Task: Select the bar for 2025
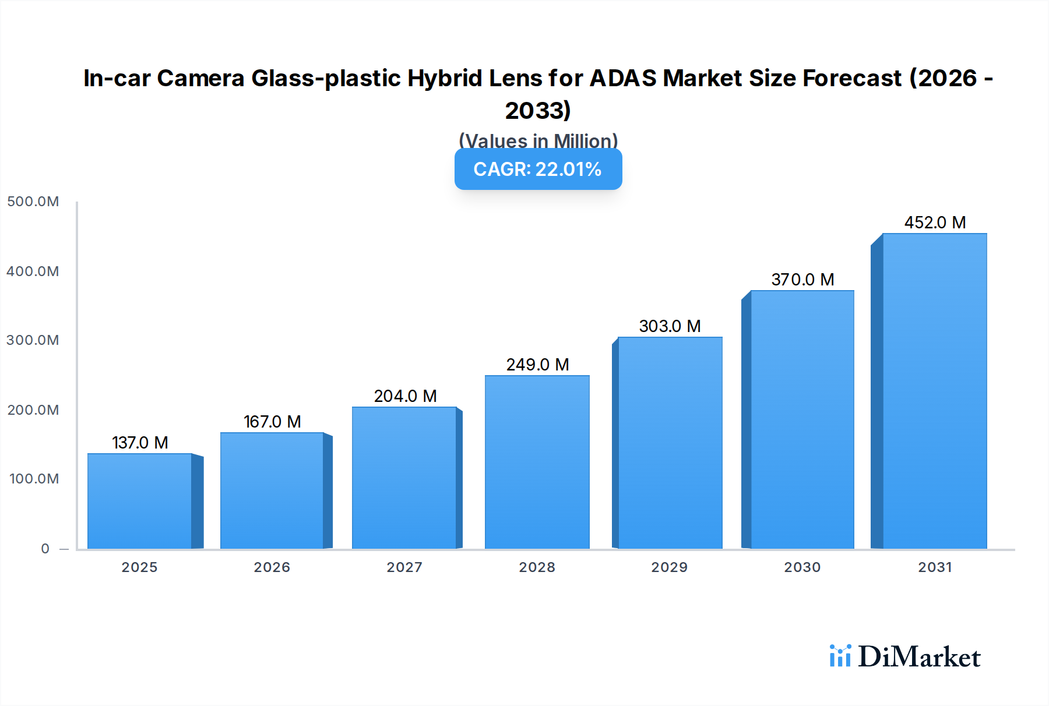pos(140,501)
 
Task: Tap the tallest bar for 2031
pos(934,391)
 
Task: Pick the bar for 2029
pos(670,443)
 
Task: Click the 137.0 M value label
pos(140,443)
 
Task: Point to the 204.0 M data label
pos(405,396)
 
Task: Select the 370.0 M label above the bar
pos(802,280)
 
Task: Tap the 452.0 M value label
pos(935,223)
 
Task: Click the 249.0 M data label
pos(537,365)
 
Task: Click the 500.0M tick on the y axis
pos(33,202)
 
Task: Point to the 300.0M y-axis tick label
pos(33,340)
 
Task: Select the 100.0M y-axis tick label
pos(34,479)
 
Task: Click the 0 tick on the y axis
pos(45,549)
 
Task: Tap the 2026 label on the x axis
pos(272,567)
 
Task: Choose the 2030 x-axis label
pos(802,567)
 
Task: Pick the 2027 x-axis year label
pos(404,567)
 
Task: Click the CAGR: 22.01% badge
pos(538,169)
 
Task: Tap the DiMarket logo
pos(905,656)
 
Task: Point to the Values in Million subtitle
pos(538,140)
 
